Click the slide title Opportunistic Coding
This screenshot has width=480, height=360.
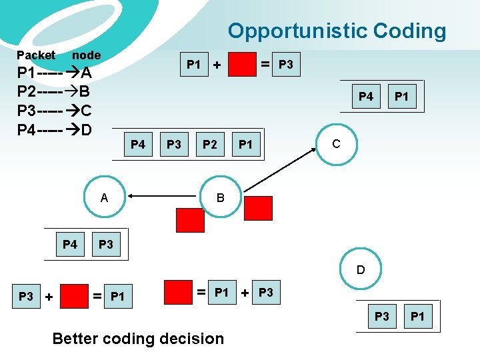coord(337,31)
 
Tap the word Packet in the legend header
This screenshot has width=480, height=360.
coord(36,55)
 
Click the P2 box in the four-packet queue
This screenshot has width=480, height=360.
coord(209,145)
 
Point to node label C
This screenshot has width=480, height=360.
coord(336,143)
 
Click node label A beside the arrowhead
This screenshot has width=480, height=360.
coord(104,197)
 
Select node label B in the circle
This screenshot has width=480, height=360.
coord(220,197)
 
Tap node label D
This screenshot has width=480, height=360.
coord(361,270)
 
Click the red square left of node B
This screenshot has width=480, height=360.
coord(190,219)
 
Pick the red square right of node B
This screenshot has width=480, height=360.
coord(258,207)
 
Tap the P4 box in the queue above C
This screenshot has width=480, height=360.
coord(366,97)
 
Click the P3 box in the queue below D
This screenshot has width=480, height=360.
coord(382,316)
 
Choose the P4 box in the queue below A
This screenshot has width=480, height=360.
coord(70,245)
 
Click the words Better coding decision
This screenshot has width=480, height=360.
coord(138,339)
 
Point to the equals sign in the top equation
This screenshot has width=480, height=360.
coord(265,65)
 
